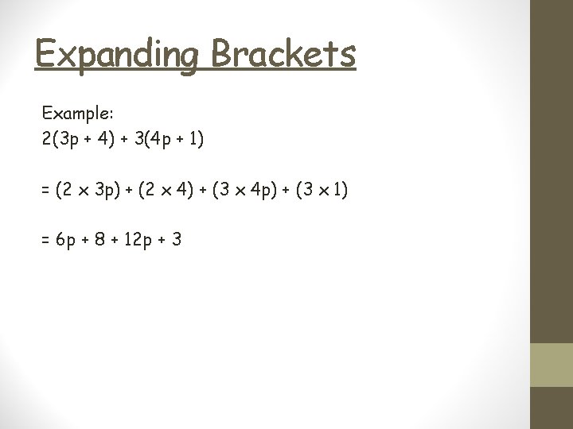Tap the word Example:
[x=77, y=114]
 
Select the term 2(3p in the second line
[x=64, y=139]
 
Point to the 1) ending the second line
[x=195, y=139]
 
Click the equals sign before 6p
[x=46, y=238]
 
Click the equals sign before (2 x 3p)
[x=46, y=191]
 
